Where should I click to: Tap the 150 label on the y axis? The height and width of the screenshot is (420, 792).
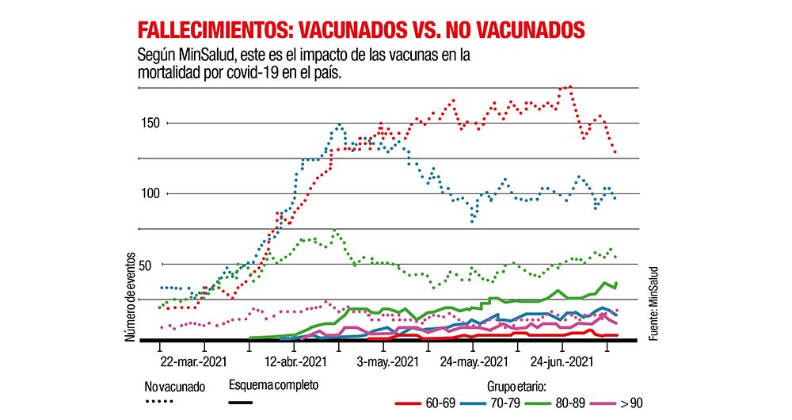point(151,123)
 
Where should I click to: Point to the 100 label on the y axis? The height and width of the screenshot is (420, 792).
point(151,193)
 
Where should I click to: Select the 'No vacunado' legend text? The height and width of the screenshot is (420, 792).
point(174,388)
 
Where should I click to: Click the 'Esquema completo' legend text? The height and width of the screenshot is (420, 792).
point(273,386)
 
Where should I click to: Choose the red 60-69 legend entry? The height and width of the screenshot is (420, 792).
point(422,403)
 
